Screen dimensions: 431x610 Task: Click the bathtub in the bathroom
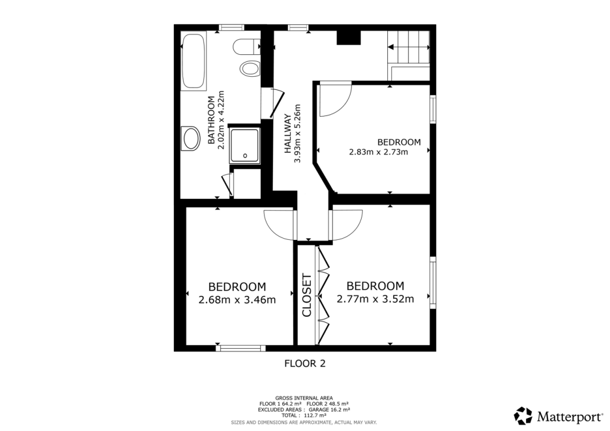193,61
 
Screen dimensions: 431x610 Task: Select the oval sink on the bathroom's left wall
191,139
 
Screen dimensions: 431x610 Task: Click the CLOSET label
307,295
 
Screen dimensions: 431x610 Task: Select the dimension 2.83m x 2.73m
378,152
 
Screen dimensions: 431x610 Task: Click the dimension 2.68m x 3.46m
237,299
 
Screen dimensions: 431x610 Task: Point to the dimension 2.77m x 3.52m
375,299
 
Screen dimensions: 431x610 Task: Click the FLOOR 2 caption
304,363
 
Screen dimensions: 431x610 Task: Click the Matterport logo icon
524,415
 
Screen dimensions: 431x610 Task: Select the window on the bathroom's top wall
231,27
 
